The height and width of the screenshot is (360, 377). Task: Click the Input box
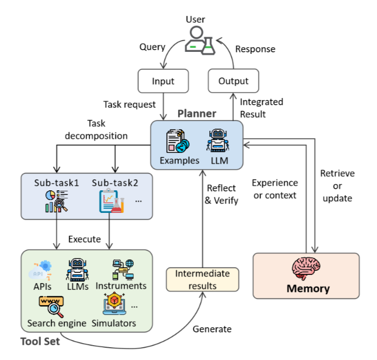pyautogui.click(x=163, y=81)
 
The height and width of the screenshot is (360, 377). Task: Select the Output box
pyautogui.click(x=233, y=81)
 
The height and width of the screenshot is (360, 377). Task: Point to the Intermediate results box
pyautogui.click(x=202, y=279)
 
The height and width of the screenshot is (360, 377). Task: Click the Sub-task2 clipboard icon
pyautogui.click(x=110, y=201)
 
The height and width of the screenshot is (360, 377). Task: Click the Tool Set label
pyautogui.click(x=39, y=341)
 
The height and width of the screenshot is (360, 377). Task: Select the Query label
pyautogui.click(x=152, y=47)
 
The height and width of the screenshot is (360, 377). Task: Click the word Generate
pyautogui.click(x=212, y=329)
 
